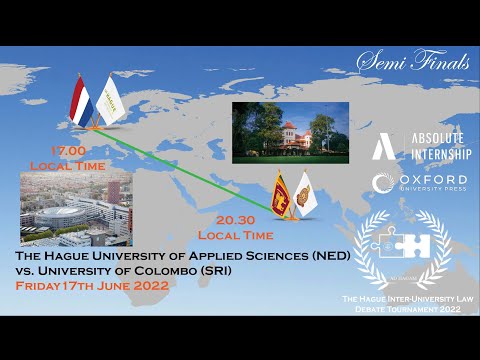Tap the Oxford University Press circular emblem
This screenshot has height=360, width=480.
tap(381, 183)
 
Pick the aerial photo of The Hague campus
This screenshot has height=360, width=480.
tap(76, 205)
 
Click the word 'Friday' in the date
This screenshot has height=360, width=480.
tap(39, 285)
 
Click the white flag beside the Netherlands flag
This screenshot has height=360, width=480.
tap(113, 97)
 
